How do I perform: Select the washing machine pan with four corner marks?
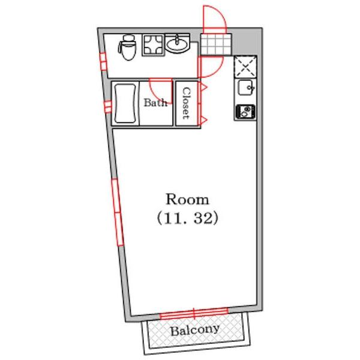[154, 45]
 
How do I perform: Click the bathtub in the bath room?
[125, 104]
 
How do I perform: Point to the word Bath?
[155, 103]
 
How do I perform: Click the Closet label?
[187, 103]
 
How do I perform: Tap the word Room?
[187, 199]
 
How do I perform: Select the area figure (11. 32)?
[187, 218]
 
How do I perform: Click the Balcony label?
[194, 330]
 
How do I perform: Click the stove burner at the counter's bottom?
[245, 112]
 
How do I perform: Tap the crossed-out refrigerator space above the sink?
[245, 67]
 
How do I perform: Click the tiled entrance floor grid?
[215, 44]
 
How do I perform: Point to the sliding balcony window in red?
[194, 314]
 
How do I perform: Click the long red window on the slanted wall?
[118, 212]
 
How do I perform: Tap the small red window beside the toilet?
[104, 62]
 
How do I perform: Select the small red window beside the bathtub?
[107, 107]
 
